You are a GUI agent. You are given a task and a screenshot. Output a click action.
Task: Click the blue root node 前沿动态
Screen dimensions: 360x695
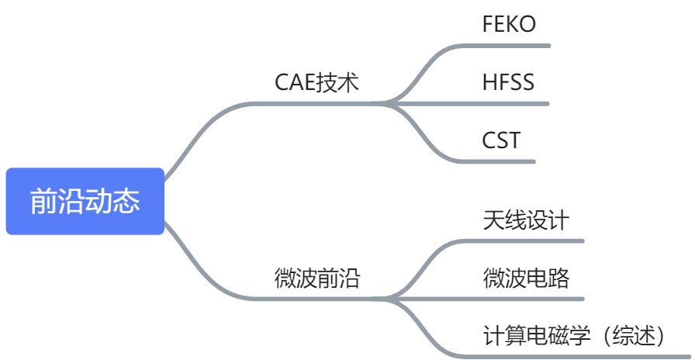(x=85, y=201)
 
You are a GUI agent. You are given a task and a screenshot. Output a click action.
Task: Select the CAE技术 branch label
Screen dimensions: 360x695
(x=317, y=82)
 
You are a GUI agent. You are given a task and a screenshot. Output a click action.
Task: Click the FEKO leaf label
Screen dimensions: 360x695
(x=509, y=24)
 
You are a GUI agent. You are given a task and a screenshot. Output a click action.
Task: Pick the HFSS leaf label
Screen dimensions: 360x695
(x=508, y=82)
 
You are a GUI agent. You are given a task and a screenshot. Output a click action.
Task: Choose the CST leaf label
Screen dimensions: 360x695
(x=501, y=140)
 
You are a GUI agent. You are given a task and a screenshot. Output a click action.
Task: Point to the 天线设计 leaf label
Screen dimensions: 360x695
(x=525, y=220)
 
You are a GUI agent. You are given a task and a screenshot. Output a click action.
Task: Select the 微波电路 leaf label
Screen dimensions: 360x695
(x=525, y=277)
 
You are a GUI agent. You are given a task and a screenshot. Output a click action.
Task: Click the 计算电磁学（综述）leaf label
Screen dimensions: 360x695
(x=575, y=335)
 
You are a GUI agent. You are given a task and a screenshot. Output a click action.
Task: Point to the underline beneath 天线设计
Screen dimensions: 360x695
(x=527, y=241)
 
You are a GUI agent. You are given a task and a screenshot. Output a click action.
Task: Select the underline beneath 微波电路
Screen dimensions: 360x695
(x=527, y=299)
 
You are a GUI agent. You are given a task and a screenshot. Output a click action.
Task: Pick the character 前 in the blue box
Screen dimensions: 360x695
(x=43, y=202)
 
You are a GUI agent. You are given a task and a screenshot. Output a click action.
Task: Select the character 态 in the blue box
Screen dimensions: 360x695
(x=126, y=202)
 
